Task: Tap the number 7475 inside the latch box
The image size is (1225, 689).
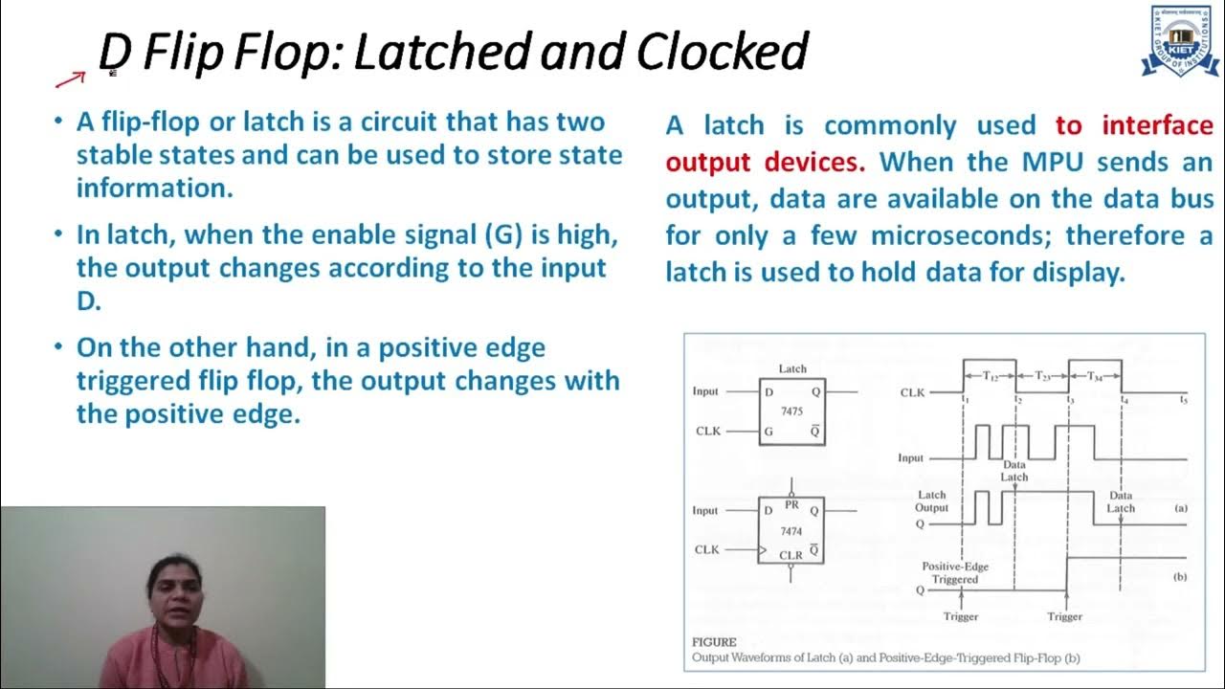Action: click(x=791, y=411)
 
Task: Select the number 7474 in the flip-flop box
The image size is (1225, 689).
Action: click(x=791, y=531)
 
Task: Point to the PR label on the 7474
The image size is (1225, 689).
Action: click(x=791, y=504)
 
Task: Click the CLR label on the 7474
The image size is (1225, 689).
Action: click(x=791, y=555)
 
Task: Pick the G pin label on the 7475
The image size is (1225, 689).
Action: click(x=768, y=432)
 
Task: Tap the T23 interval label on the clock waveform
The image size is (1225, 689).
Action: click(x=1042, y=378)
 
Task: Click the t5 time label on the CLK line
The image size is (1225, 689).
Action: click(x=1184, y=399)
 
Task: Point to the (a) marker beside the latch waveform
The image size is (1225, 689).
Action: click(x=1180, y=508)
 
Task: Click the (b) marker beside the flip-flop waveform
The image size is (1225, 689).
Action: click(x=1180, y=577)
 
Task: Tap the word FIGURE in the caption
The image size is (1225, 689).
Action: click(x=714, y=642)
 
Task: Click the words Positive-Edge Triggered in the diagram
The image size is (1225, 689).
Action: click(x=955, y=573)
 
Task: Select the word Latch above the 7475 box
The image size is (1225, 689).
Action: click(x=792, y=368)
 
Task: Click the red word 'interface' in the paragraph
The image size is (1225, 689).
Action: click(x=1157, y=125)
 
